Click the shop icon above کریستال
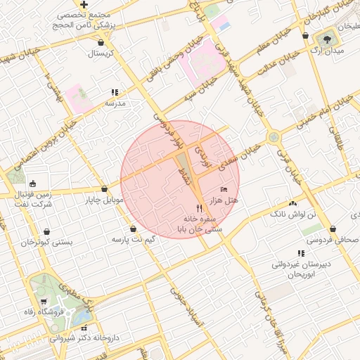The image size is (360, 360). tap(101, 41)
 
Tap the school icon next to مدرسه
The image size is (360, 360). tap(115, 91)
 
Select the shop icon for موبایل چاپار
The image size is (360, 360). tap(104, 188)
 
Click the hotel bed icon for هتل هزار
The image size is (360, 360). tap(224, 189)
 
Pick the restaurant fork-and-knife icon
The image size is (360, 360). tap(200, 208)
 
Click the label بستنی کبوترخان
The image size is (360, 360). tap(47, 242)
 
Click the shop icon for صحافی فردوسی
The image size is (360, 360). tap(333, 229)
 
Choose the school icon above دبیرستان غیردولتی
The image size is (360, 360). tap(301, 253)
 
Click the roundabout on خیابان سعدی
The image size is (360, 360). tap(273, 137)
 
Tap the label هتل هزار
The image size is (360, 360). tap(225, 200)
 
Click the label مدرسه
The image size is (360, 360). tap(115, 103)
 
